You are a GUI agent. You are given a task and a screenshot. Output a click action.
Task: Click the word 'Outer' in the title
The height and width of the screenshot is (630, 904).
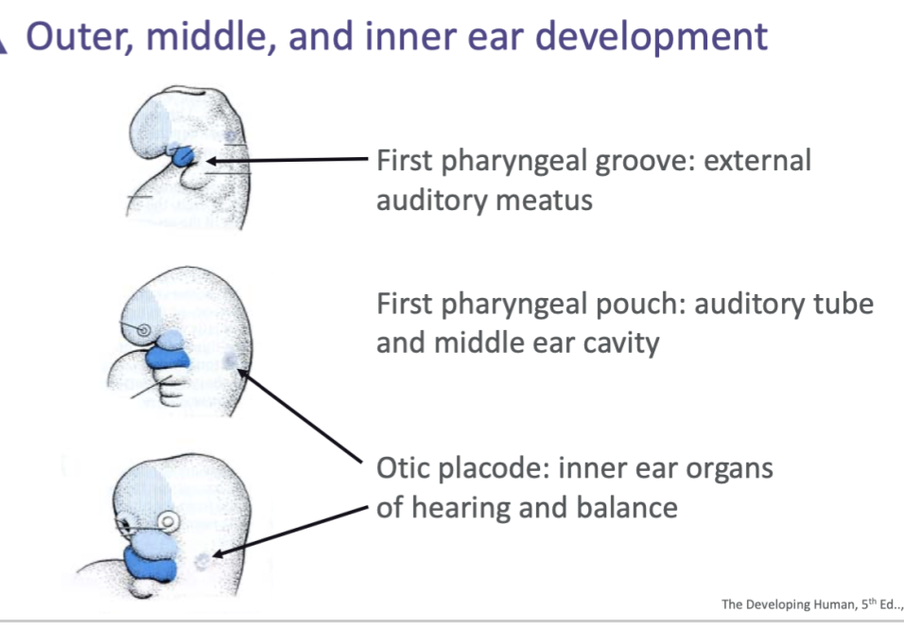(75, 37)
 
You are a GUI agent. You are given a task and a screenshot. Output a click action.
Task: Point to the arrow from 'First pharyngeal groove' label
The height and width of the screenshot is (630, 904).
(284, 161)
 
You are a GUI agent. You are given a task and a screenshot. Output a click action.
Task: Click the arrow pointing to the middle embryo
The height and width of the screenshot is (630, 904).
(303, 418)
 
